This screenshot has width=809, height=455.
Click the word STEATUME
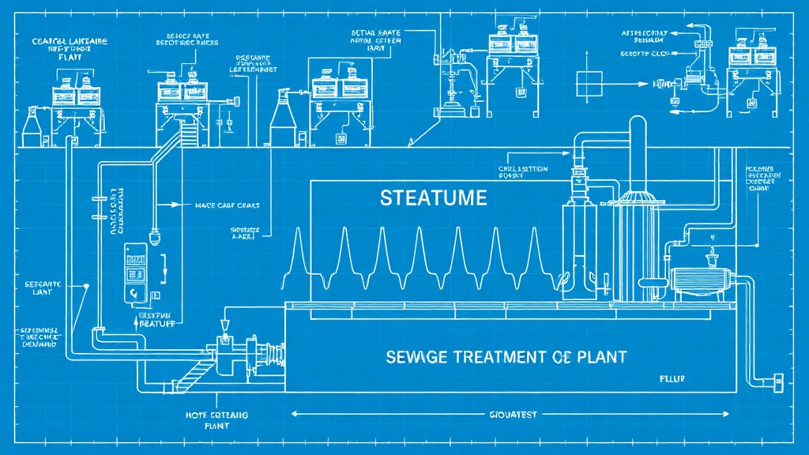pos(433,198)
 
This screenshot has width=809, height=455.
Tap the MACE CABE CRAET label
pos(227,205)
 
